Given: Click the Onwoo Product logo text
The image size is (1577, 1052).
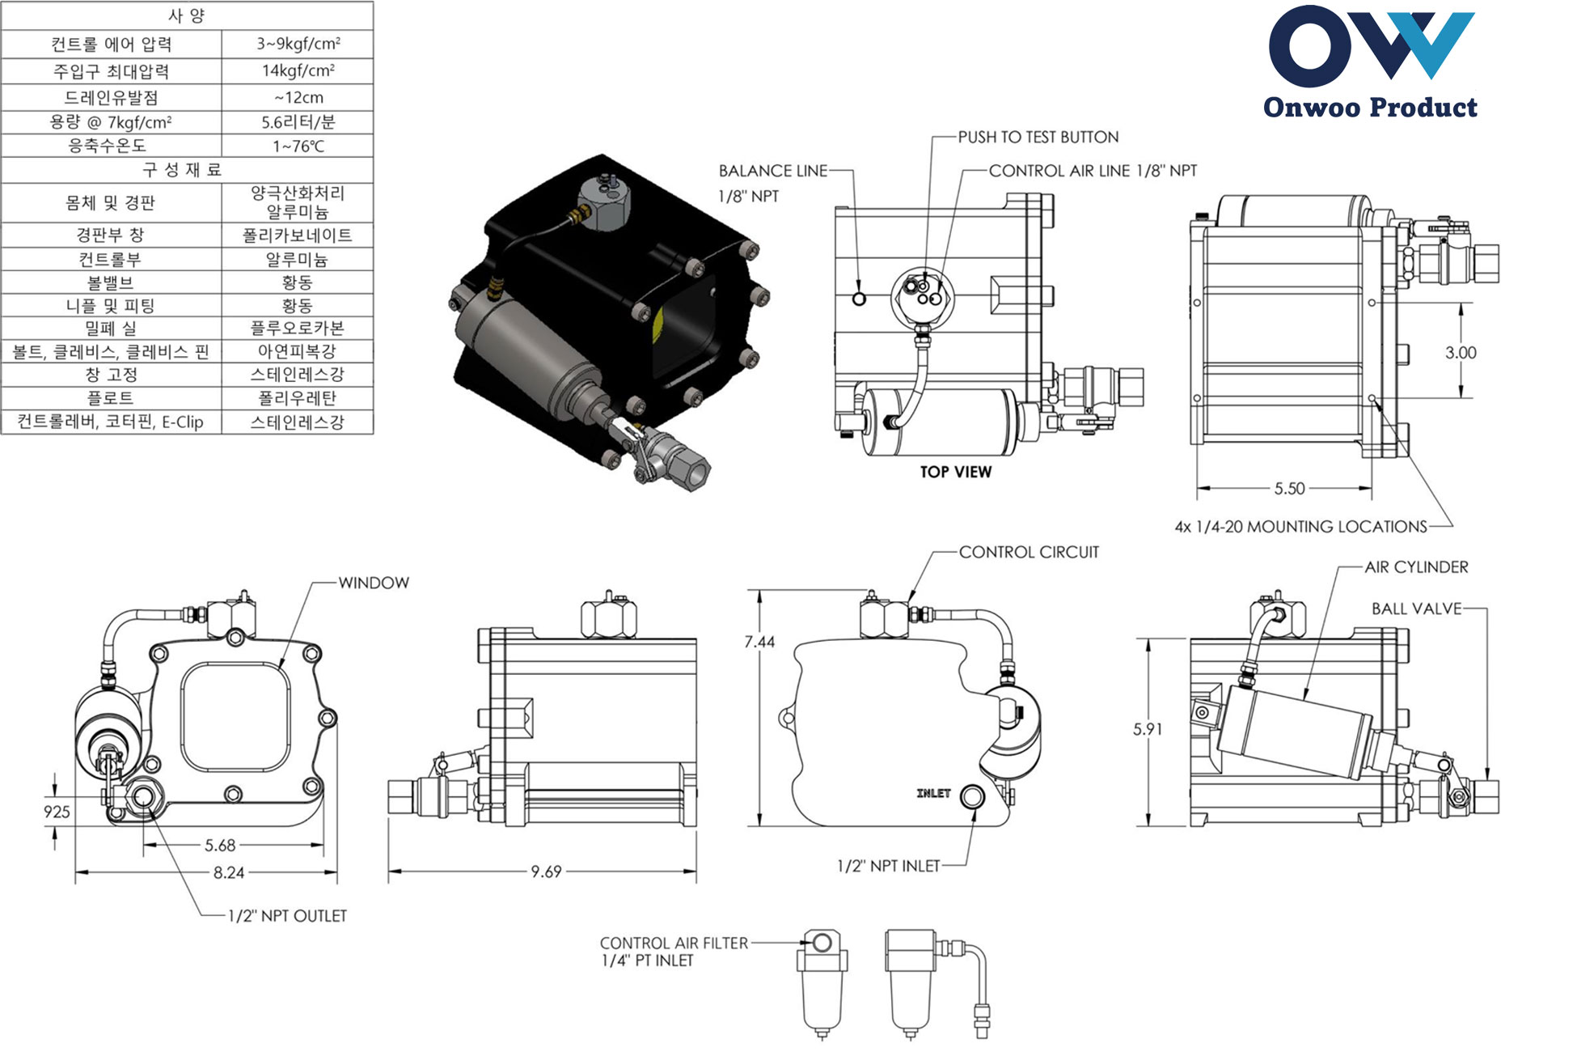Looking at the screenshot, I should [x=1370, y=108].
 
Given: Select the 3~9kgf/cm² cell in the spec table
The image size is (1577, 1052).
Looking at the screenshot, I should [x=298, y=44].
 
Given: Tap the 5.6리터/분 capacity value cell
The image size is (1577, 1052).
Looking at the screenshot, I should [x=298, y=122].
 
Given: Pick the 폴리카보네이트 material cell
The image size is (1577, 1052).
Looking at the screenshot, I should [x=298, y=235].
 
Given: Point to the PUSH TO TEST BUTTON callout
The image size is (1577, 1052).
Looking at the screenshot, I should [x=1038, y=138].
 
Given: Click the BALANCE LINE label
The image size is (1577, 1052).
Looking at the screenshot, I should [x=773, y=171].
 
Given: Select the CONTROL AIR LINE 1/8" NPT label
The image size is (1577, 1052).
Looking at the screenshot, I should [x=1093, y=171].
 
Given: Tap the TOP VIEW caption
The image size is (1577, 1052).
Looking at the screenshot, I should [x=955, y=473].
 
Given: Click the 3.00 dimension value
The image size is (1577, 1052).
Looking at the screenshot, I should [x=1461, y=353].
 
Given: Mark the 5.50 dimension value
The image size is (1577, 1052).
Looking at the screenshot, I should [x=1289, y=489].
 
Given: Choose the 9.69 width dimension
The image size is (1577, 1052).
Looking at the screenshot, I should [x=546, y=872].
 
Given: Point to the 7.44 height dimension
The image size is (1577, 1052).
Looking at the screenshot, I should [x=759, y=643].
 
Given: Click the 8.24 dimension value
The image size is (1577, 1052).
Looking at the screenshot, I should [x=229, y=873].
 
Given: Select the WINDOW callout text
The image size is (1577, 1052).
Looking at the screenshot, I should [x=374, y=583].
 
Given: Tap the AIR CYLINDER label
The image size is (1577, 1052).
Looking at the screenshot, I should [x=1416, y=567].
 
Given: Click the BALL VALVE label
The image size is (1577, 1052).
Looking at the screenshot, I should [x=1416, y=609].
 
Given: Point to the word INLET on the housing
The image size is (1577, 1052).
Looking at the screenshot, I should [x=933, y=794].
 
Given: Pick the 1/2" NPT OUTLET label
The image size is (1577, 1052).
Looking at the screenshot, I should [x=287, y=916].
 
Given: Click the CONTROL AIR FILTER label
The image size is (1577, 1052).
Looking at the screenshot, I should [x=674, y=944].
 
